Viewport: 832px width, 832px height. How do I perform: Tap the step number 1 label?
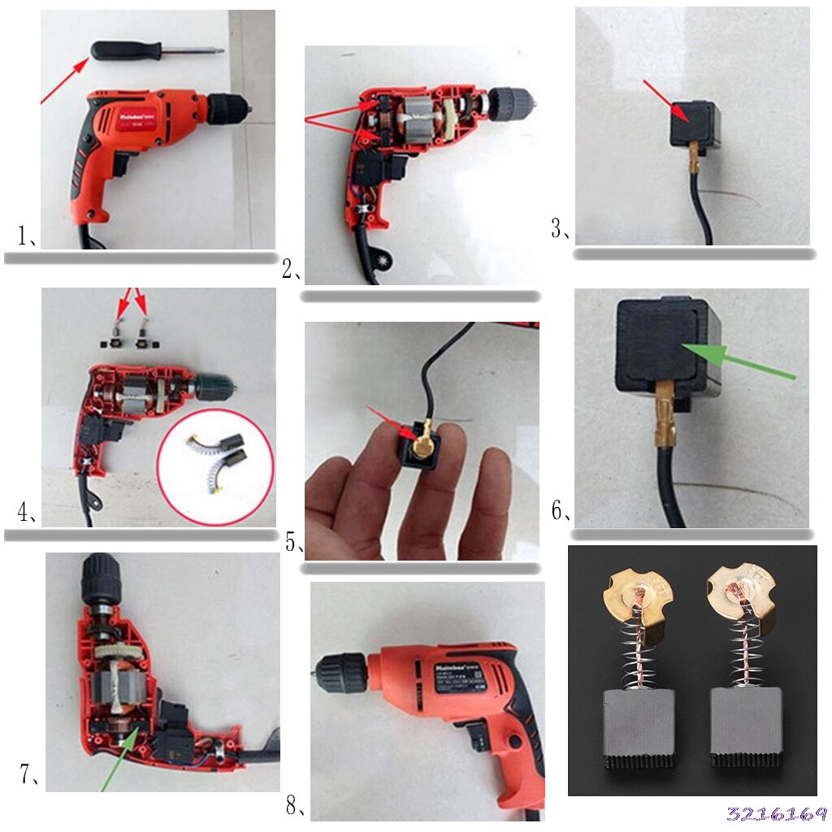coord(26,236)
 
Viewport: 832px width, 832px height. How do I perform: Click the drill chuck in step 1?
coord(228,108)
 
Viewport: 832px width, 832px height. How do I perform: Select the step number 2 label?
coord(291,270)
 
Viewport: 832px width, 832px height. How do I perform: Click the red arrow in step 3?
coord(667,103)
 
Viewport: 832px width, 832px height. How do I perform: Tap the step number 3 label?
coord(561,229)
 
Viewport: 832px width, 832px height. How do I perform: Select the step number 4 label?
coord(26,513)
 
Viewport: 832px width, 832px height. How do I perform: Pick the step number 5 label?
coord(294,543)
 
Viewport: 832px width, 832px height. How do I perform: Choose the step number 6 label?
coord(561,511)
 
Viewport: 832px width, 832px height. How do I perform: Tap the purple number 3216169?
coord(776,814)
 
